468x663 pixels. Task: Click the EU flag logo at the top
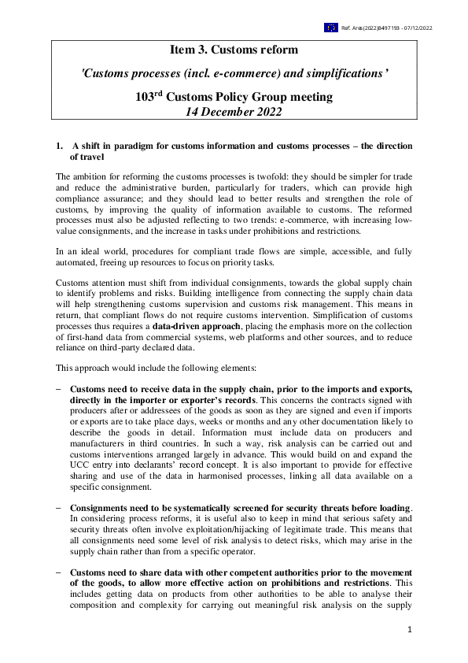(330, 28)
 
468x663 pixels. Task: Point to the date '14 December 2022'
(234, 112)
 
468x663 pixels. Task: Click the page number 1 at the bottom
(409, 631)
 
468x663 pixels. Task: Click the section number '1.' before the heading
(58, 146)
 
